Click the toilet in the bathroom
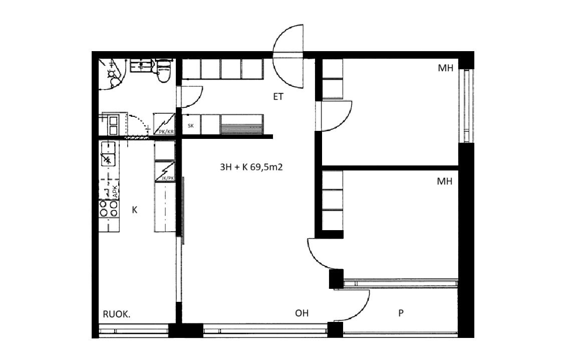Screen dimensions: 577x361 point(163,70)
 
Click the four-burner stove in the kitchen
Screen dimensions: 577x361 point(109,209)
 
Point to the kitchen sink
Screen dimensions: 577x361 point(108,154)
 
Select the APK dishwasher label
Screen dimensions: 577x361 point(115,191)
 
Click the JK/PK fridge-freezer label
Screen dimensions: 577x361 point(168,178)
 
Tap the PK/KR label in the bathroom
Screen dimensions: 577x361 point(166,131)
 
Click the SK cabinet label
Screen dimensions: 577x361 point(191,126)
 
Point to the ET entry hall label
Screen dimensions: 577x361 point(278,96)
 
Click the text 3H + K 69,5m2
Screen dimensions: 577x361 point(251,167)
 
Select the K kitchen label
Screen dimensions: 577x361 point(135,210)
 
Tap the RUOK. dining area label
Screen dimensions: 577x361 point(117,314)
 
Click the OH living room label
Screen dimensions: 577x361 point(302,313)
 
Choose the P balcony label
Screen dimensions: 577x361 point(401,313)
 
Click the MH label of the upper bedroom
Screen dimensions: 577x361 point(445,68)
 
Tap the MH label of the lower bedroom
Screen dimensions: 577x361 point(445,181)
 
